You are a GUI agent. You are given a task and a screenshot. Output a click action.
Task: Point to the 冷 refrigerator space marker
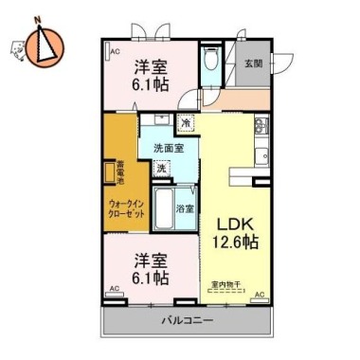(187, 122)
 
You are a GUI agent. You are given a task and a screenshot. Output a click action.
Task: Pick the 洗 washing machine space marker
(162, 168)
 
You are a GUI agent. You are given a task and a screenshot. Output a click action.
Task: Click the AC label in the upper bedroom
(116, 51)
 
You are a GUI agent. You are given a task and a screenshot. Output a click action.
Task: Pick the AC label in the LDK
(260, 296)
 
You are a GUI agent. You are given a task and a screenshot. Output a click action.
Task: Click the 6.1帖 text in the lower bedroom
(152, 279)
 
